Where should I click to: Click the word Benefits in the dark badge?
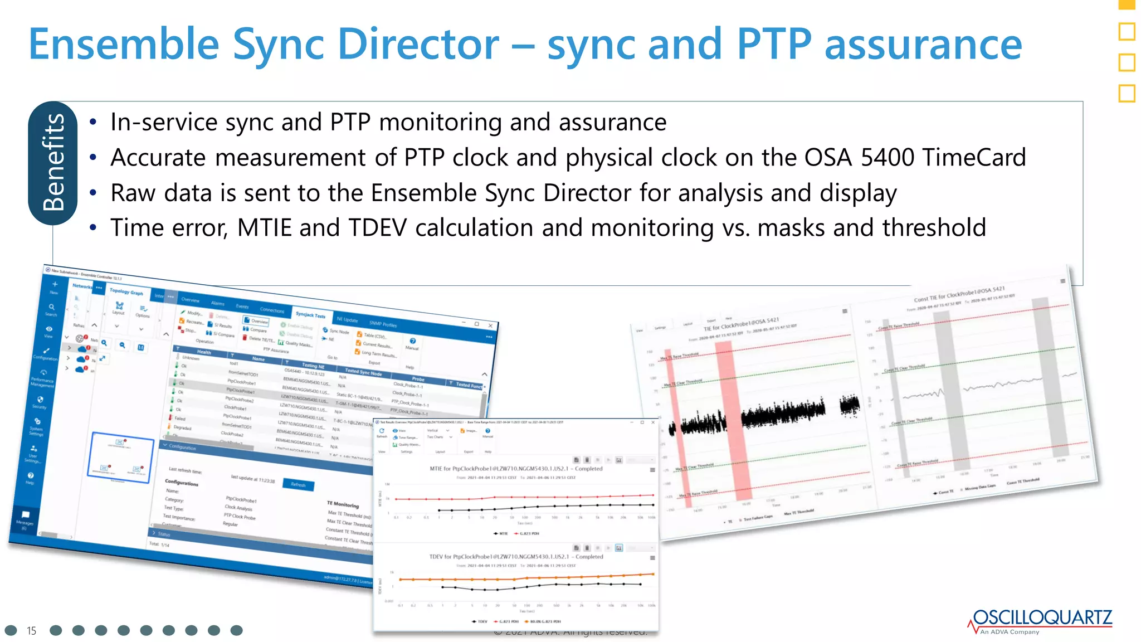[x=53, y=162]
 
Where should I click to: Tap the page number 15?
[x=31, y=631]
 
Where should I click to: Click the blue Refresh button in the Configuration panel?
[x=298, y=484]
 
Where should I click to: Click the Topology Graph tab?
[x=126, y=291]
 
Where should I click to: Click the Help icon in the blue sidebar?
[x=31, y=476]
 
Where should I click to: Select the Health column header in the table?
[x=204, y=352]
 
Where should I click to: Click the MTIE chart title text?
[x=515, y=469]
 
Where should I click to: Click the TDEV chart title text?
[x=515, y=557]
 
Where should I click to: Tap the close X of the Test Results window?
[x=653, y=422]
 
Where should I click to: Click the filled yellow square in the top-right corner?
[x=1127, y=4]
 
